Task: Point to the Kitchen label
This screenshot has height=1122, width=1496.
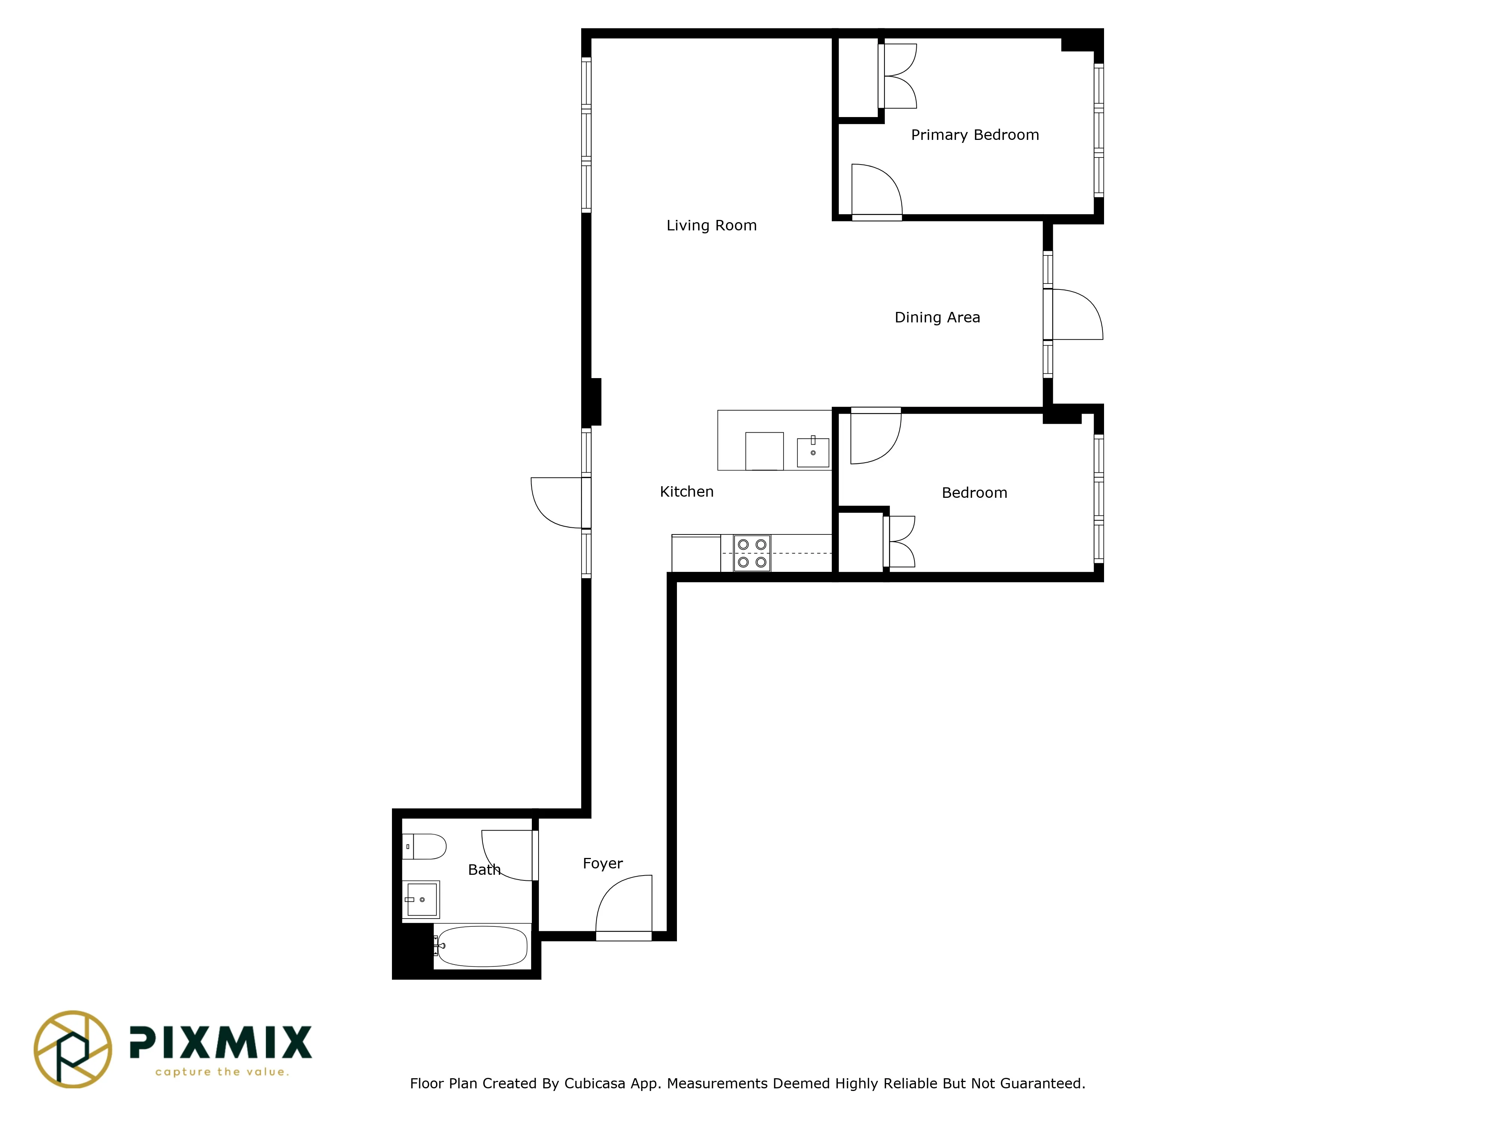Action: (686, 492)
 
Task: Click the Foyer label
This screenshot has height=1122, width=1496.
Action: (603, 864)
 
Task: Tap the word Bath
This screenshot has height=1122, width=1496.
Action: (484, 870)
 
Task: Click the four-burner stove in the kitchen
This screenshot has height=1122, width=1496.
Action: (752, 553)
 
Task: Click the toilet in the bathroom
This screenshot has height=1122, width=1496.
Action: (425, 847)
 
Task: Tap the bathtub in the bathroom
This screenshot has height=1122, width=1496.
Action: (482, 946)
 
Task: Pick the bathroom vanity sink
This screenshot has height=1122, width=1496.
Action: (421, 899)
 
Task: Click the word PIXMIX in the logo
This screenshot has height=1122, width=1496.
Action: (221, 1042)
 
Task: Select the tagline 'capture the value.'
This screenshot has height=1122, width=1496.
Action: (222, 1072)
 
